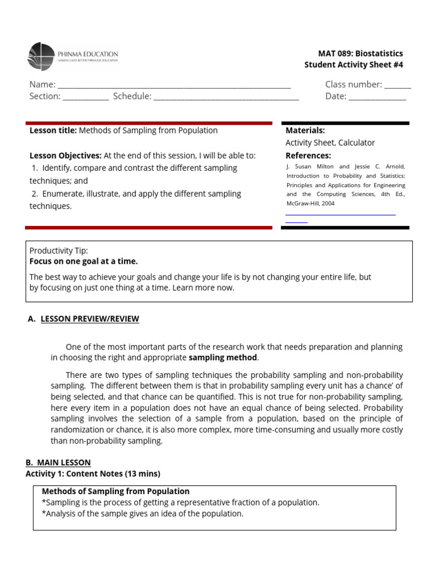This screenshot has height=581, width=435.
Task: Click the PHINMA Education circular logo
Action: tap(41, 57)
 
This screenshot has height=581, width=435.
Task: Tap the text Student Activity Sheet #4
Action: tap(353, 65)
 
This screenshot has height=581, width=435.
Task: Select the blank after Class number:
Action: tap(398, 86)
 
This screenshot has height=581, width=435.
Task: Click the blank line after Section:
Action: tap(86, 98)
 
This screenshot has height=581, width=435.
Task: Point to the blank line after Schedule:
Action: tap(226, 98)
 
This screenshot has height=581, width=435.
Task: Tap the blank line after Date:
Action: tap(377, 98)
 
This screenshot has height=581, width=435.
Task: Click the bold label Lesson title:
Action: tap(53, 130)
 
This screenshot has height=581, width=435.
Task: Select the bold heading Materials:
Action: tap(305, 130)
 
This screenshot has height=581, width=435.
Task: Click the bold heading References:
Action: tap(308, 155)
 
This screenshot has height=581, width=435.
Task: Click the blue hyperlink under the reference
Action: tap(340, 214)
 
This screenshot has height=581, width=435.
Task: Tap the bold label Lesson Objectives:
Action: tap(65, 155)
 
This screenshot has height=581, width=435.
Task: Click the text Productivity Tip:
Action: tap(58, 250)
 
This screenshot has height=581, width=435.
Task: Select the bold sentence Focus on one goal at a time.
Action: tap(83, 262)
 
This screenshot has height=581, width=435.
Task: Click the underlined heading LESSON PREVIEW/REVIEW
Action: tap(89, 319)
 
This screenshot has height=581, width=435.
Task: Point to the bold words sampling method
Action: tap(223, 358)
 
